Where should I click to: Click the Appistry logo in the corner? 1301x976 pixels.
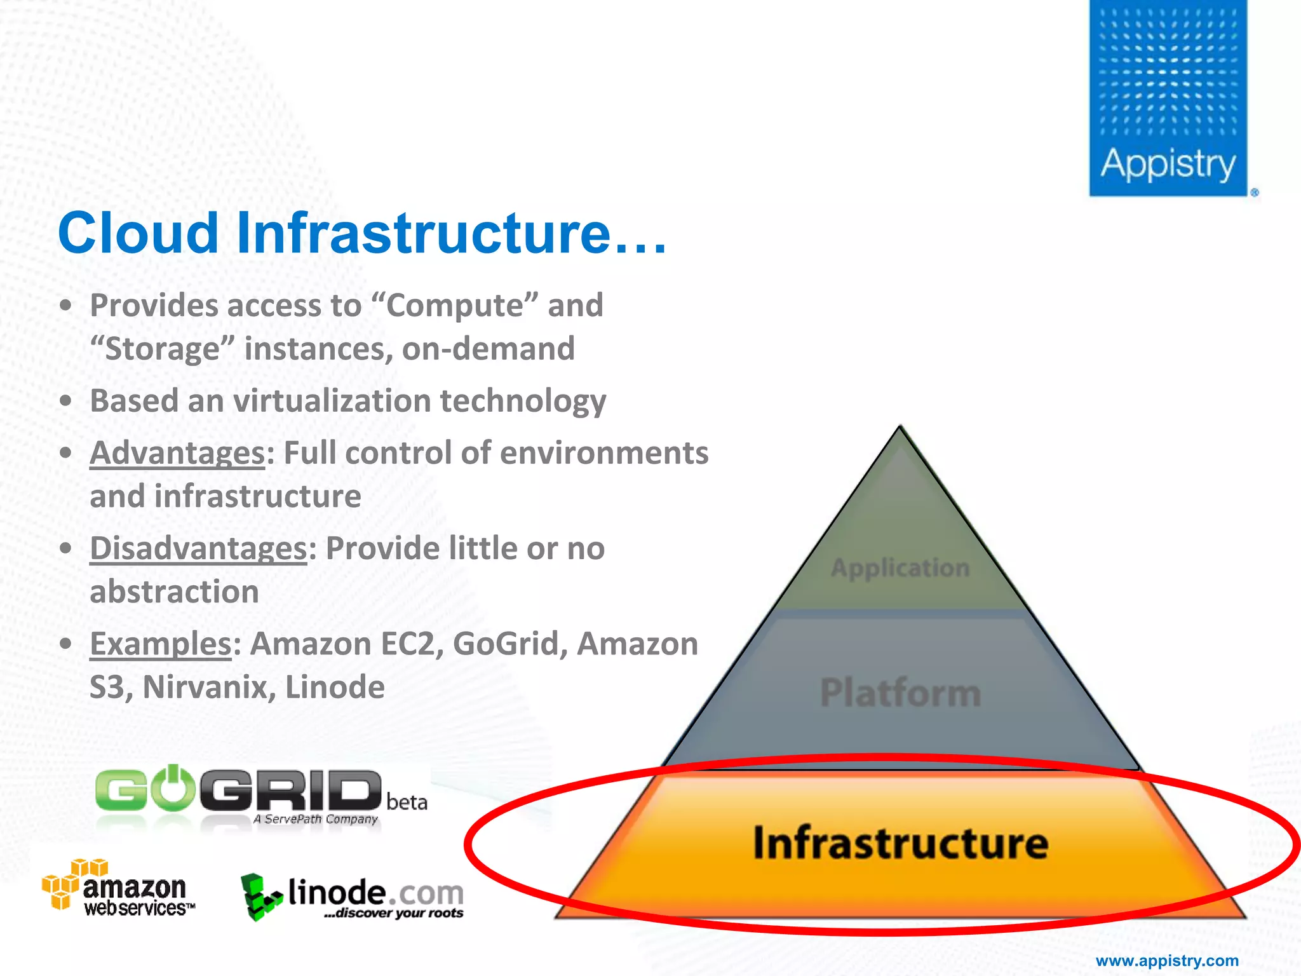click(1168, 98)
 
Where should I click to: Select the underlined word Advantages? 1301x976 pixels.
click(177, 454)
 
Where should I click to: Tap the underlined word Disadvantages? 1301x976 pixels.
click(198, 549)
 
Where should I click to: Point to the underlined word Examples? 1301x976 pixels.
click(161, 644)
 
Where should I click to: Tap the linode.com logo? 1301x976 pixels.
click(353, 896)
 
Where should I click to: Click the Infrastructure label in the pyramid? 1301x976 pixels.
click(900, 843)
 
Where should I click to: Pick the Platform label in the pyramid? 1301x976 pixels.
click(900, 693)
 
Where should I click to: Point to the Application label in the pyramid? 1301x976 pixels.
click(900, 568)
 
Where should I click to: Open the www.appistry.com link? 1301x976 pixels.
click(1167, 961)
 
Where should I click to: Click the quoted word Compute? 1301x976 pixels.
click(454, 306)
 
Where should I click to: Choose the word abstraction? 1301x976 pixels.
click(174, 592)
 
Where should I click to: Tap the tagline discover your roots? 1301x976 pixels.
click(394, 914)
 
